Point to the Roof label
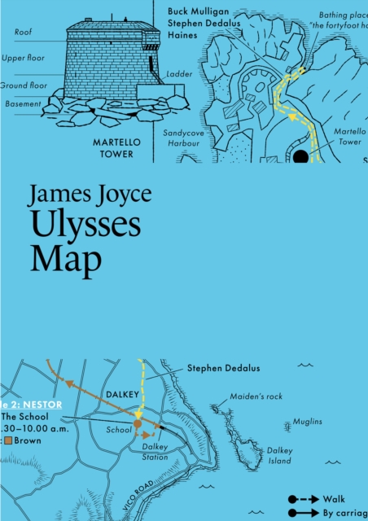point(24,32)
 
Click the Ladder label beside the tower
point(178,73)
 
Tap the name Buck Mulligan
point(199,11)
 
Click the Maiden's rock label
point(256,396)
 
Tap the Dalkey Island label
point(278,455)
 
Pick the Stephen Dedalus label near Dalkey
point(223,368)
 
